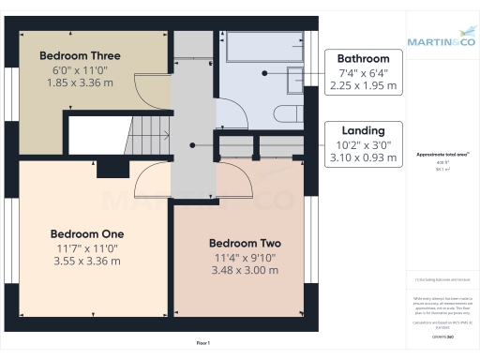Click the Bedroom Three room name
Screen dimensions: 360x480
(x=80, y=55)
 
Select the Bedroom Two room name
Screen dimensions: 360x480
(x=244, y=243)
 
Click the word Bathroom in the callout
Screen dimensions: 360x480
(x=364, y=58)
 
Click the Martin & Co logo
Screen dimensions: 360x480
(x=441, y=40)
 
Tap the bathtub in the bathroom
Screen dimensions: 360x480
(x=258, y=50)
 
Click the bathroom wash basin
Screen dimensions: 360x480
(x=295, y=81)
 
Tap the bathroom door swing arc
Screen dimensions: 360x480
(x=234, y=114)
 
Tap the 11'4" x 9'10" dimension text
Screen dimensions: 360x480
(x=244, y=257)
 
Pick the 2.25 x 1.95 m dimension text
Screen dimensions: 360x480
(x=364, y=85)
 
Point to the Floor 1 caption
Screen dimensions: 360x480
(x=202, y=343)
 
